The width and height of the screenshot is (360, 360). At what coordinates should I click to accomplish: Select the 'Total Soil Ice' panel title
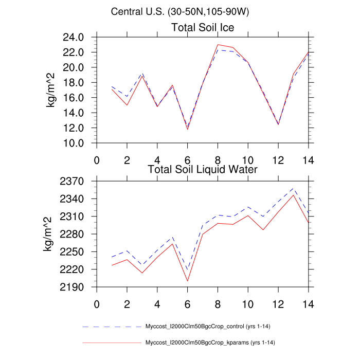click(x=203, y=28)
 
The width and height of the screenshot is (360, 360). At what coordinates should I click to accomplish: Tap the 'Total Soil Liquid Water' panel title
click(x=203, y=169)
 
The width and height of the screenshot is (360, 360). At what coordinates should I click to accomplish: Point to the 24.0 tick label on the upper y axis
click(x=74, y=37)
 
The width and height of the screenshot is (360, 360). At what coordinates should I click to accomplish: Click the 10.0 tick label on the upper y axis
click(x=74, y=142)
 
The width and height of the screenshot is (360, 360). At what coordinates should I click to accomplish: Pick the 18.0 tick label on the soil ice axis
click(x=74, y=82)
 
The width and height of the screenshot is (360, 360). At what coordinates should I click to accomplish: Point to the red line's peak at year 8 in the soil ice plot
click(x=218, y=44)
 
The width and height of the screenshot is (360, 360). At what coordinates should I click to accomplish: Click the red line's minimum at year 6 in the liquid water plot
click(x=187, y=281)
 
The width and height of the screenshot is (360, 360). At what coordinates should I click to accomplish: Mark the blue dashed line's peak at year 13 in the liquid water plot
click(x=293, y=188)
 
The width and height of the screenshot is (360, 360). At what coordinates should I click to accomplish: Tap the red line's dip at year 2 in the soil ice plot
click(x=127, y=105)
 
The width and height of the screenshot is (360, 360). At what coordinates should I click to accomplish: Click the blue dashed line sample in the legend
click(x=111, y=327)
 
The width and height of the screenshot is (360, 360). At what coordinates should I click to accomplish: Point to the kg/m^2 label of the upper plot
click(x=51, y=91)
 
